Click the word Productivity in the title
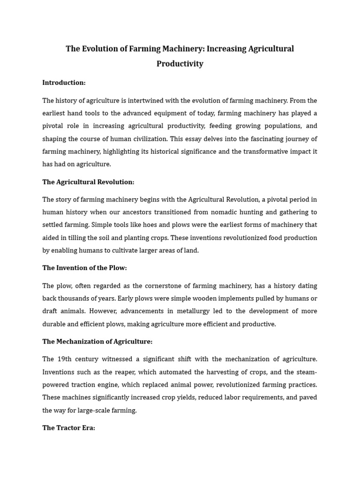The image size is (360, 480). tap(180, 64)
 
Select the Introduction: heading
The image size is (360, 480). tap(64, 82)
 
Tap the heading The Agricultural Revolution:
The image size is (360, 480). tap(88, 182)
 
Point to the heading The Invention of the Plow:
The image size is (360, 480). tap(84, 268)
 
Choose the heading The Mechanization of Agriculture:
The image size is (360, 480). tap(97, 341)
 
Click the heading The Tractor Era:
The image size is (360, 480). tap(68, 428)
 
